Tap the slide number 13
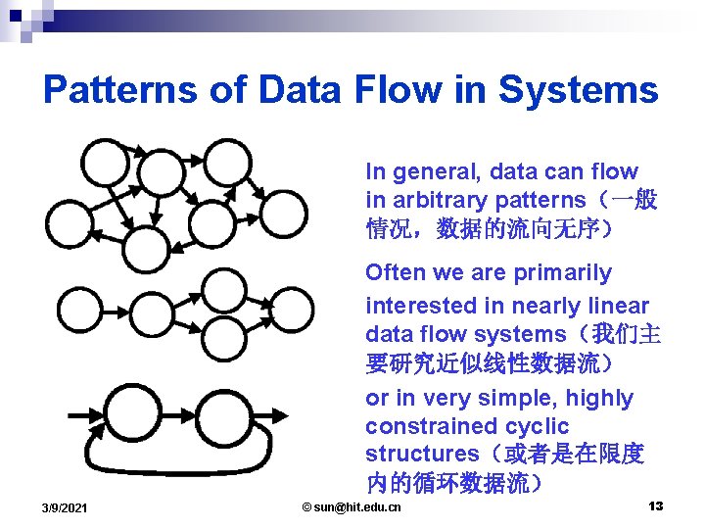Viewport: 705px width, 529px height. [655, 505]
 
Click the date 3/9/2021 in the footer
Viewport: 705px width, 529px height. [65, 507]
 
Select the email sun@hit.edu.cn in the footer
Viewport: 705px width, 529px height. [352, 506]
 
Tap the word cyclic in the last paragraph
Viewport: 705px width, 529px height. [537, 426]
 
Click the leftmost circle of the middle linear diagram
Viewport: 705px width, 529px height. [79, 310]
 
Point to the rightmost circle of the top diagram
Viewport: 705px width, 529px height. [285, 211]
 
